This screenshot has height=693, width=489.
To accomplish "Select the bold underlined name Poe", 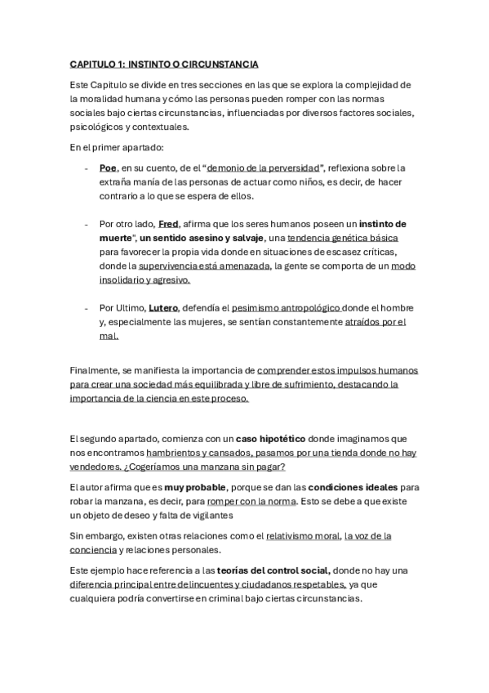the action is pos(108,168).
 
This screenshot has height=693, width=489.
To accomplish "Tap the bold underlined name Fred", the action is pos(168,223).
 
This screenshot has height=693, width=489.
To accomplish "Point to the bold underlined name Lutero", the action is pos(162,307).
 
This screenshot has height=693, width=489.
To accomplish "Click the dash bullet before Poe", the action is pos(87,168).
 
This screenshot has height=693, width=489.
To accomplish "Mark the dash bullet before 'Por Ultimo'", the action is pos(87,307).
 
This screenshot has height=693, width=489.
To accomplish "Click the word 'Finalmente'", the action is pos(95,370).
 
